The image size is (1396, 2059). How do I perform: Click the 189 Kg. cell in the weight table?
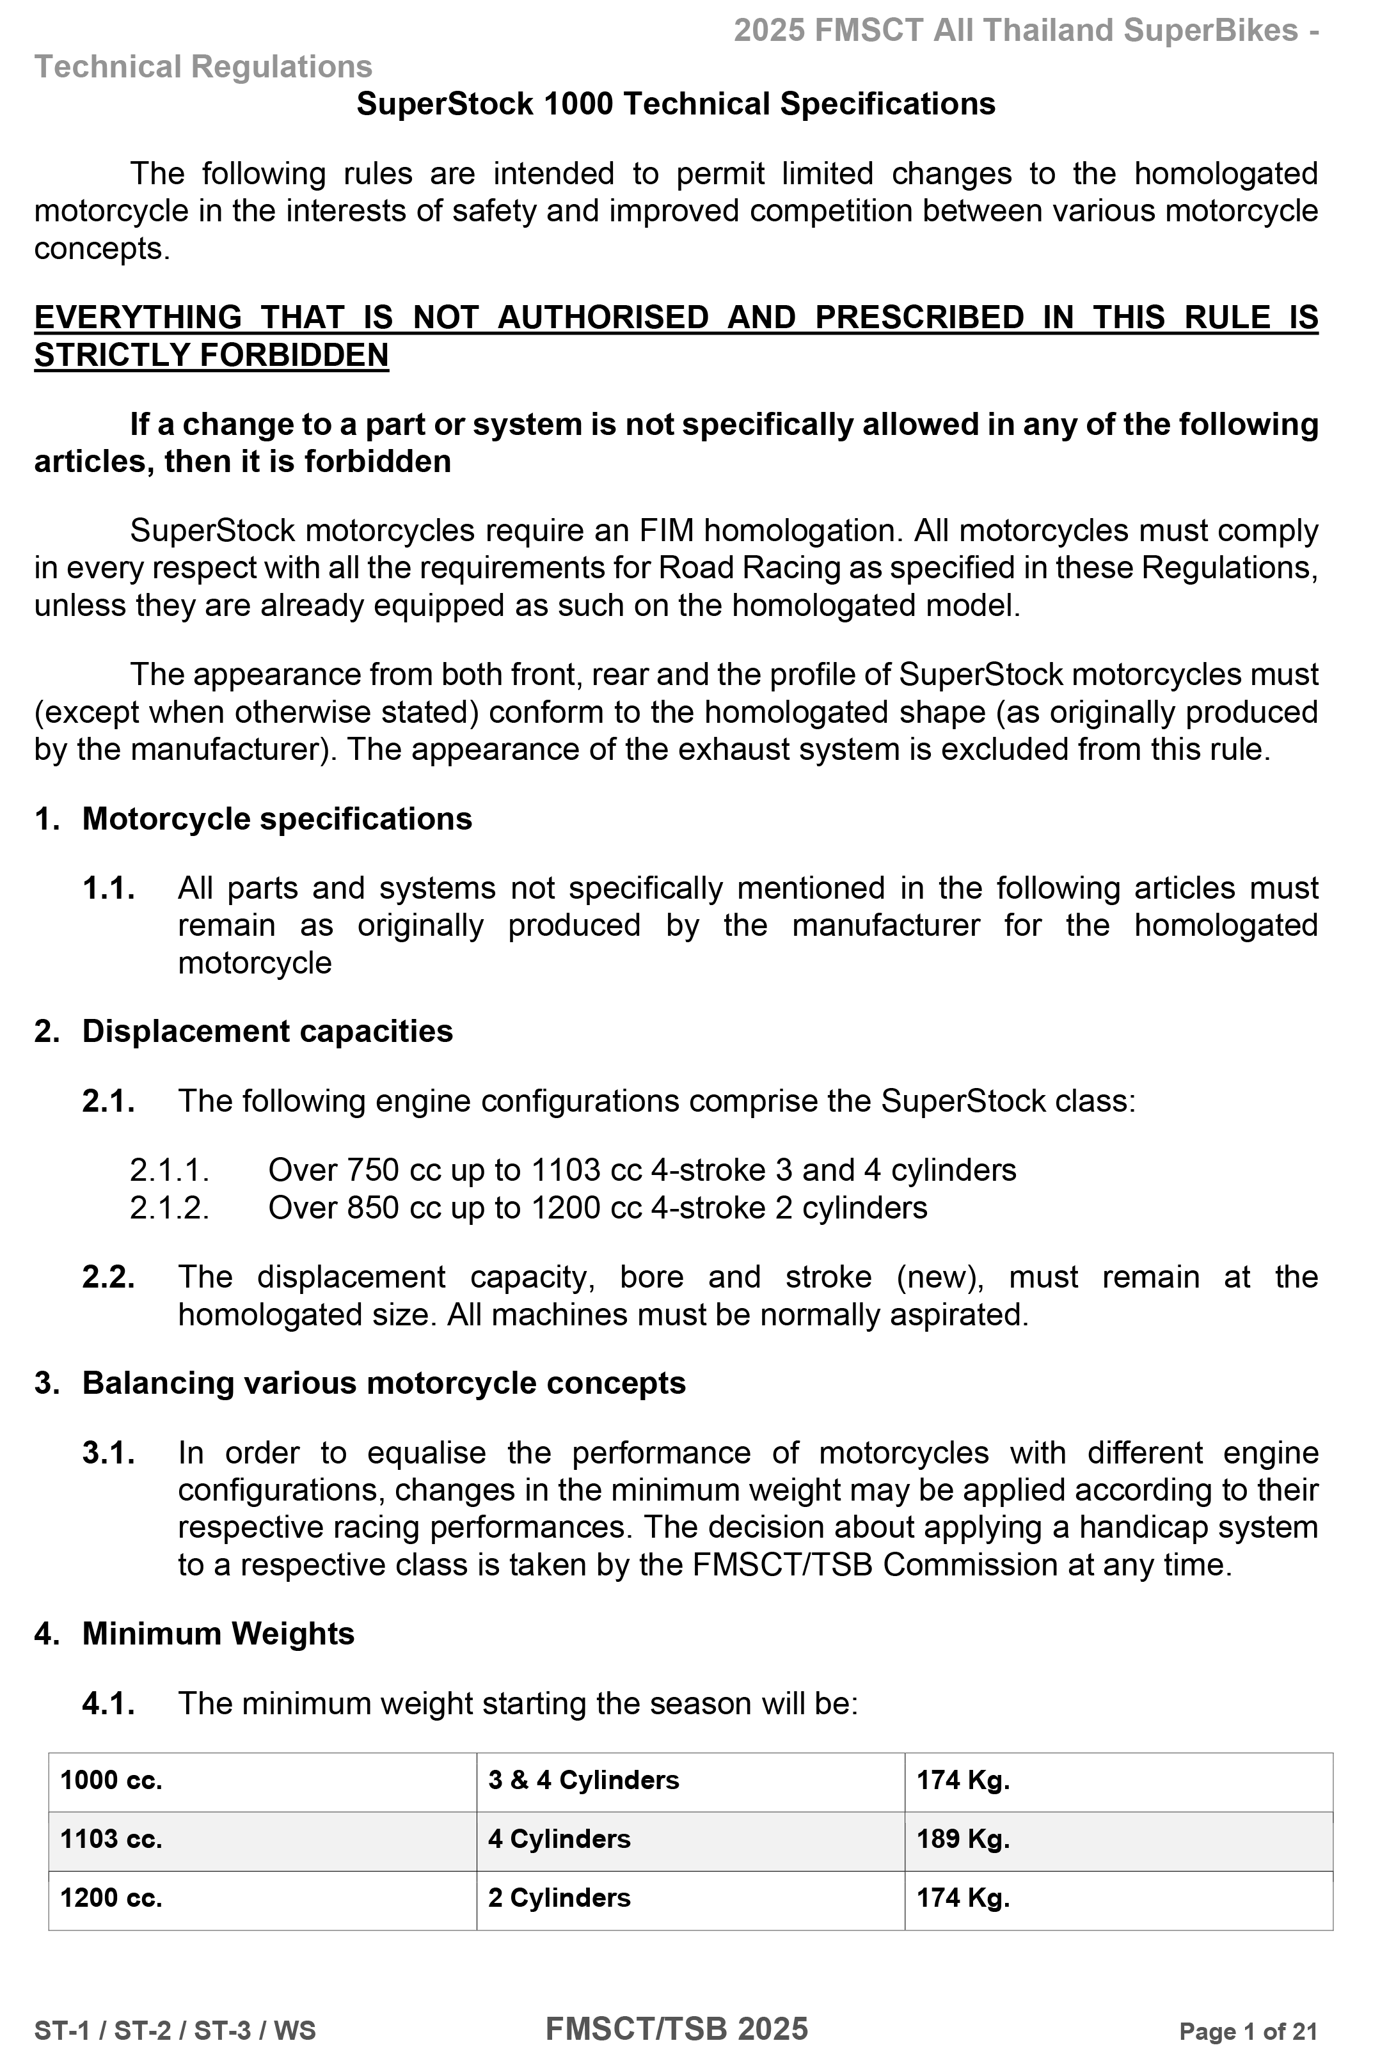point(963,1838)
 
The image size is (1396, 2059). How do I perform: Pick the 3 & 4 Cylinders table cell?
point(583,1780)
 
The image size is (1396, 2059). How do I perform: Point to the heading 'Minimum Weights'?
point(218,1633)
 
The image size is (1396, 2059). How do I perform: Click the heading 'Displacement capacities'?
point(267,1031)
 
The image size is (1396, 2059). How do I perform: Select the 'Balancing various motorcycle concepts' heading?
point(384,1383)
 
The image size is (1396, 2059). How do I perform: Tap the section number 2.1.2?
point(170,1208)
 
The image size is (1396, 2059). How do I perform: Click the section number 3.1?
point(108,1453)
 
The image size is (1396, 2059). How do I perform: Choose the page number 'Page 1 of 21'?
point(1248,2031)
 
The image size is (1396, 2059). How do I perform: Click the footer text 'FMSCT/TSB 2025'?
point(676,2029)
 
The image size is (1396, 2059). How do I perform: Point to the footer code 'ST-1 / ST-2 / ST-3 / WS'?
point(175,2031)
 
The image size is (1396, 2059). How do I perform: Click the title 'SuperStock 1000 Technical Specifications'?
point(676,104)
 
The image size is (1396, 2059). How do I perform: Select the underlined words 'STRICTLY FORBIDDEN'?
point(211,355)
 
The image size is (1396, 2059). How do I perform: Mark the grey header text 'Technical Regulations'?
point(203,67)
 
